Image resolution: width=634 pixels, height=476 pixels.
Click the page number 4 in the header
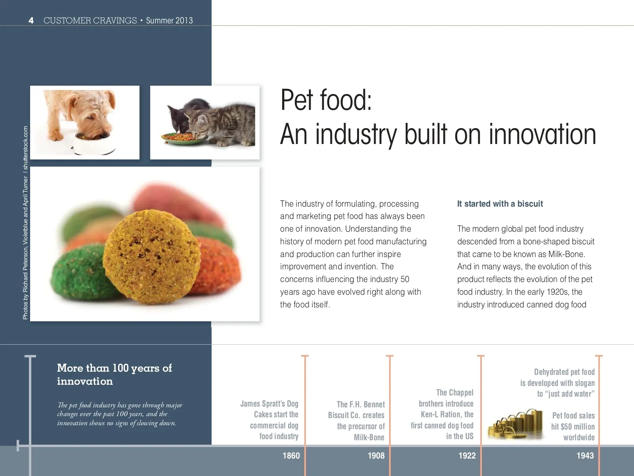(31, 21)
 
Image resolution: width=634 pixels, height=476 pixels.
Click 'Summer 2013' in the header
(169, 21)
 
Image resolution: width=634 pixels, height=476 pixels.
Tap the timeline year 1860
(291, 456)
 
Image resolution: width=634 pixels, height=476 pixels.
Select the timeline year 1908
(376, 456)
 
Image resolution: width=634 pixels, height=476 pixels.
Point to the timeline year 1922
(467, 456)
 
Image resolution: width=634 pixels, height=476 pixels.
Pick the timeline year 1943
(585, 456)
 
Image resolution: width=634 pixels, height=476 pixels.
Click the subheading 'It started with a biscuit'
(500, 204)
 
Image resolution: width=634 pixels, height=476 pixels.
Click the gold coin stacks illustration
(515, 424)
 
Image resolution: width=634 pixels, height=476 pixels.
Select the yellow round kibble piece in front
(152, 257)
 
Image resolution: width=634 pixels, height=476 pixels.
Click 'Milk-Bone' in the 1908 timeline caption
(369, 437)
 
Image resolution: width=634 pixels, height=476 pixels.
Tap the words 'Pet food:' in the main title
(326, 100)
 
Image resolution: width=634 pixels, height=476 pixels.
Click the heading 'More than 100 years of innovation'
(115, 374)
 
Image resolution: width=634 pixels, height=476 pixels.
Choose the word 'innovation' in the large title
(542, 134)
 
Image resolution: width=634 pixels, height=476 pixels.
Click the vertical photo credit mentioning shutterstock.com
(25, 223)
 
